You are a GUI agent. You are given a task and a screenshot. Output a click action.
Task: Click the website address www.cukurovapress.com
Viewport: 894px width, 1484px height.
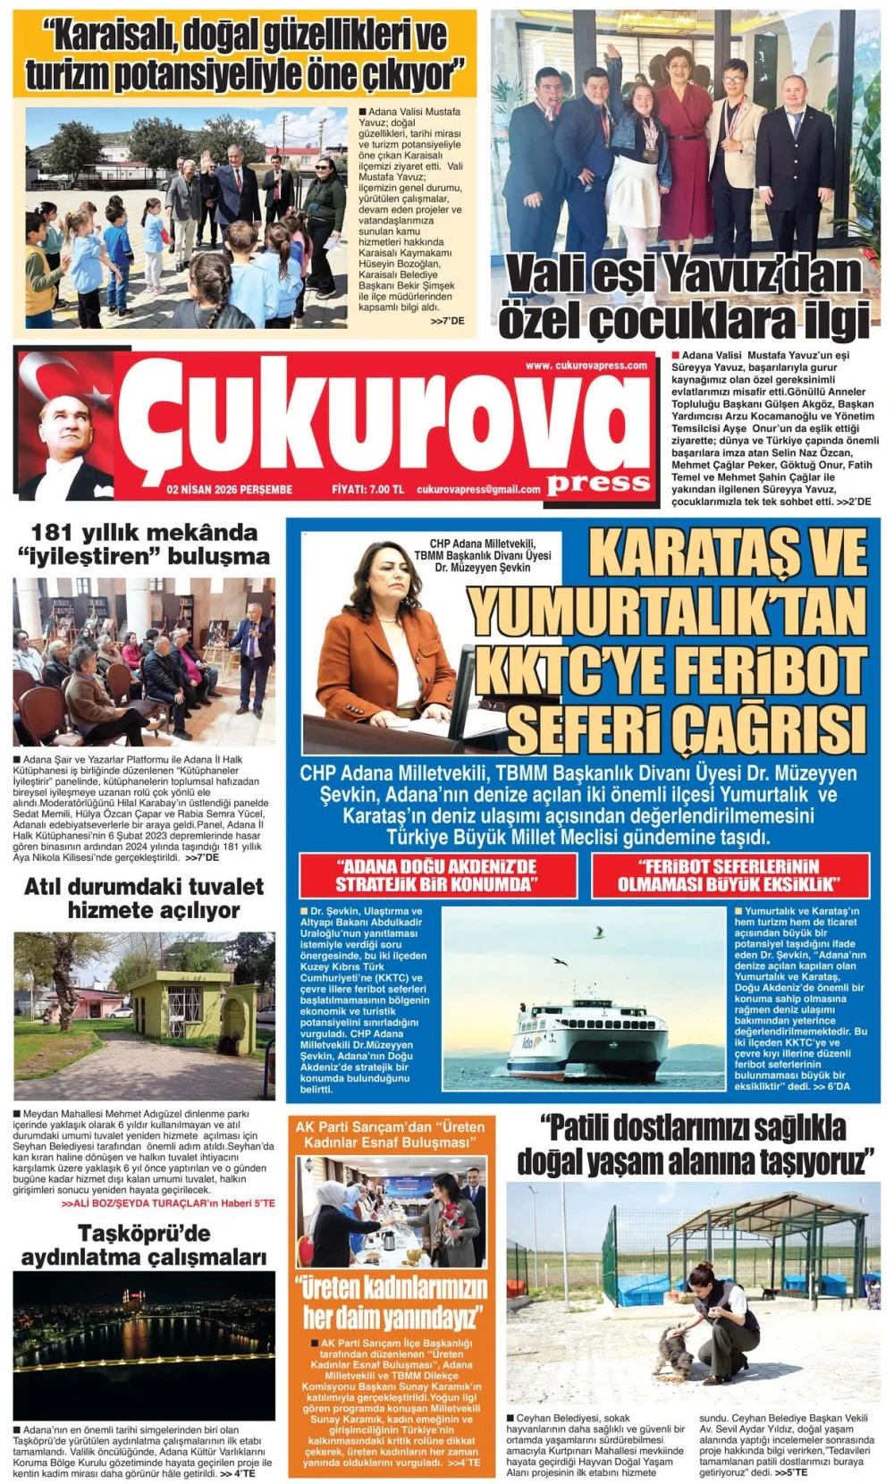click(586, 365)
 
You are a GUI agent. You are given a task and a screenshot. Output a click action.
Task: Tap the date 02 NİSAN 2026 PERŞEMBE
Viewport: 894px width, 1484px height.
click(229, 489)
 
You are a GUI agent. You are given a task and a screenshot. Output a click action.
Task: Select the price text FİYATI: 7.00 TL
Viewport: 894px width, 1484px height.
click(367, 489)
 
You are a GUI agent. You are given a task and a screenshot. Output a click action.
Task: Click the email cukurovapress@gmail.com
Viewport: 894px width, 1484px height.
click(478, 489)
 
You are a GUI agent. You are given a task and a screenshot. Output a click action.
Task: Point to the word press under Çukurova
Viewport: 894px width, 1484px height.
click(598, 483)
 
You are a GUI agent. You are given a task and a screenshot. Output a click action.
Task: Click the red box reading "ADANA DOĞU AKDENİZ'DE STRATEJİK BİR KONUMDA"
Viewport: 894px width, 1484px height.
click(437, 875)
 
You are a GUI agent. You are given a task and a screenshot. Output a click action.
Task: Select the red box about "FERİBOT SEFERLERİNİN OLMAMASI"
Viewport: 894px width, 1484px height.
click(730, 875)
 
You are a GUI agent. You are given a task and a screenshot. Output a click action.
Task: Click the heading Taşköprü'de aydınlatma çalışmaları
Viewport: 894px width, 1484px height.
click(144, 1245)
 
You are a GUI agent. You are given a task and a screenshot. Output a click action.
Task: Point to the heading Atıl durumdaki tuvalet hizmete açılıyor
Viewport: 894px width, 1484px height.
click(144, 898)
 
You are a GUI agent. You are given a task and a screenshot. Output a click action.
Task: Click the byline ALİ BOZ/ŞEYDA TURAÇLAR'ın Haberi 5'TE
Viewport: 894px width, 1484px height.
click(168, 1203)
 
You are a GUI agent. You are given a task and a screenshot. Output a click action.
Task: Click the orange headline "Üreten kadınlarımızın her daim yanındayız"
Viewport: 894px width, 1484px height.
click(391, 1302)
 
